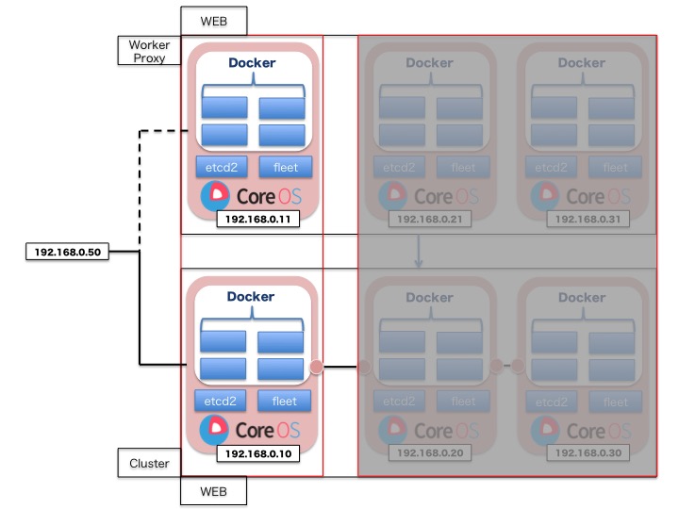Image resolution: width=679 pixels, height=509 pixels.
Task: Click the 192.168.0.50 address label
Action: coord(68,253)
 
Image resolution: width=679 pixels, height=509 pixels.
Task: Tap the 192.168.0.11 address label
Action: coord(252,219)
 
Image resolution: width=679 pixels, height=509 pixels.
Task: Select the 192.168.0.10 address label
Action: coord(252,453)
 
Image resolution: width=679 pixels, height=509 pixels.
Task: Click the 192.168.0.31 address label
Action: coord(583,219)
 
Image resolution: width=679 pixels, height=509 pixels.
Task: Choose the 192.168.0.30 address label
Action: coord(583,453)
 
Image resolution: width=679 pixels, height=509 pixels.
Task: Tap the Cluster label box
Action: coord(149,463)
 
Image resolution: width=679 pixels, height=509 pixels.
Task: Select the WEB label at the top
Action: coord(213,20)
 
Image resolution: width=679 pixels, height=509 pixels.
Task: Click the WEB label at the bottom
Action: coord(213,491)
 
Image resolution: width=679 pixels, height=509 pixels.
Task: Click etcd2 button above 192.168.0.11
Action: coord(221,168)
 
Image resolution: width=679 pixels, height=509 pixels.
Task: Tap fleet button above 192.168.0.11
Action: coord(284,168)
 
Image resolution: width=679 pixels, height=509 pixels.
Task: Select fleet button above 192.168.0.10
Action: coord(284,401)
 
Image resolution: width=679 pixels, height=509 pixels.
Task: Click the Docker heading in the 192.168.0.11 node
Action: coord(252,63)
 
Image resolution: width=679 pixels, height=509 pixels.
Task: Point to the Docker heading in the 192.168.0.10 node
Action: coord(252,297)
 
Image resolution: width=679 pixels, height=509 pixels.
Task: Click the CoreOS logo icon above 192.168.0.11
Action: coord(215,195)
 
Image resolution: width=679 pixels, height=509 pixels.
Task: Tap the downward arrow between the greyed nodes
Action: coord(418,252)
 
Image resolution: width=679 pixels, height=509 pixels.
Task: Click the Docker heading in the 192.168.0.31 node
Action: coord(581,63)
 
